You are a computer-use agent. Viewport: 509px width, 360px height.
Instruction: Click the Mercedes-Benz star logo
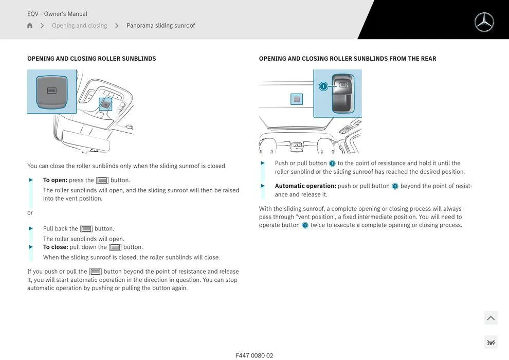tap(484, 22)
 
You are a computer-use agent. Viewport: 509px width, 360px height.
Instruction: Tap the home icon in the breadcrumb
tap(30, 26)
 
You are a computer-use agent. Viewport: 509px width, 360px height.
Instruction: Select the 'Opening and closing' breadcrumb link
tap(79, 26)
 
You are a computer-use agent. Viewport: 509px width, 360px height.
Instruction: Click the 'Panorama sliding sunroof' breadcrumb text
tap(160, 26)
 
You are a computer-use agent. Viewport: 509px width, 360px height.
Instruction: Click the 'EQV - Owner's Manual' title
tap(57, 14)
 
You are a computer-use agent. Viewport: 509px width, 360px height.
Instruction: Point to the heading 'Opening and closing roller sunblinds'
tap(92, 59)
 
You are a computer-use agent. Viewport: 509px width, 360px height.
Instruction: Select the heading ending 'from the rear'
tap(347, 59)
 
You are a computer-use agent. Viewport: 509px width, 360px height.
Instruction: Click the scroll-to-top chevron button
tap(490, 318)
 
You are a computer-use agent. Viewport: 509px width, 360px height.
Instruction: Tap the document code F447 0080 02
tap(254, 355)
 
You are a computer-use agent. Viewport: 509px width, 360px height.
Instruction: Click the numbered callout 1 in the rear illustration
tap(323, 86)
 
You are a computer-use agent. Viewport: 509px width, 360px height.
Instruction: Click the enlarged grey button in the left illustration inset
tap(51, 91)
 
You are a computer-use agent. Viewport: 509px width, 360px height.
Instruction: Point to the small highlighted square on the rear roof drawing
tap(297, 99)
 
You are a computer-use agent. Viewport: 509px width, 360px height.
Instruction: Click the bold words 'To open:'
tap(55, 180)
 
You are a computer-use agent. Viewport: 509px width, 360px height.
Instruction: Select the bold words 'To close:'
tap(56, 247)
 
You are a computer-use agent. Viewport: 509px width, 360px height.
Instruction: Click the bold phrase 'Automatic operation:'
tap(305, 186)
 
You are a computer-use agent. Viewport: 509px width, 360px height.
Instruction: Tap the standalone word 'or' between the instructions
tap(30, 213)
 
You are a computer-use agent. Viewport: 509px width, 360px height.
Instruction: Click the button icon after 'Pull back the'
tap(86, 229)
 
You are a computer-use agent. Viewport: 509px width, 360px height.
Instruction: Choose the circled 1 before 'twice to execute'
tap(305, 225)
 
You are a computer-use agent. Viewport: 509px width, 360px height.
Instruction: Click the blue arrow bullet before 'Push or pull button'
tap(263, 163)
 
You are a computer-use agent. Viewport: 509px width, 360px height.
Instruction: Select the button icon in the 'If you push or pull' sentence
tap(95, 272)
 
